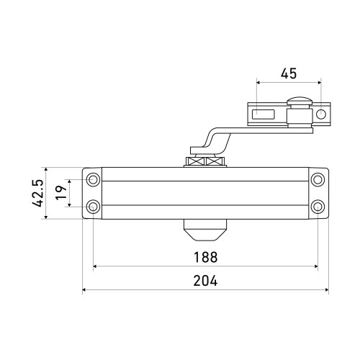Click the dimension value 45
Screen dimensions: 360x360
tap(289, 73)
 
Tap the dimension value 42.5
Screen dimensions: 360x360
tap(38, 193)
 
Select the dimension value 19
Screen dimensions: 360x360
tap(61, 192)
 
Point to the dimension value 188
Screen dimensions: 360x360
tap(205, 257)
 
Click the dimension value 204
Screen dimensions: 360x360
tap(205, 281)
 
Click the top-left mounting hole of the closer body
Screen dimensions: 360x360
tap(93, 179)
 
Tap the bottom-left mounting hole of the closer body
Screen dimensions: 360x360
tap(93, 207)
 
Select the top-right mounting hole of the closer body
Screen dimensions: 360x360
tap(318, 179)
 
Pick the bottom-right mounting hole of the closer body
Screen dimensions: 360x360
tap(318, 207)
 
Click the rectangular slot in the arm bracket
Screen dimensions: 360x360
tap(263, 114)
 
